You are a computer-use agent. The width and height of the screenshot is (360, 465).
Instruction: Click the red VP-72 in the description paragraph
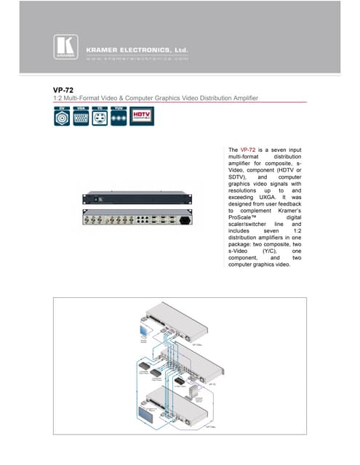(x=248, y=150)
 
